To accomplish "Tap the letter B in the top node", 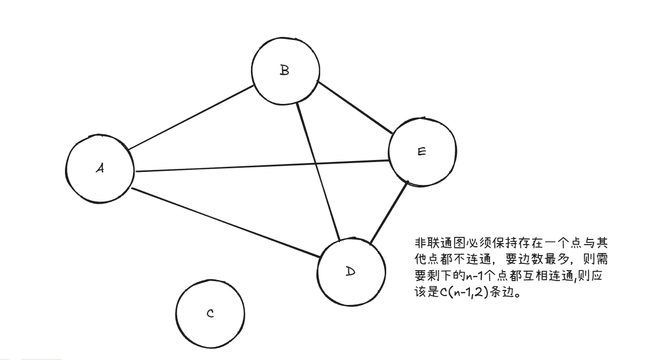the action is pos(284,71).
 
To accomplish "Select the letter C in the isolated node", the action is pos(210,314).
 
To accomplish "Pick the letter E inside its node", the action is pos(422,152).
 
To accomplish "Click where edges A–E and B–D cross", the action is pos(316,163).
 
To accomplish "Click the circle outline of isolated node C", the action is pos(177,314).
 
